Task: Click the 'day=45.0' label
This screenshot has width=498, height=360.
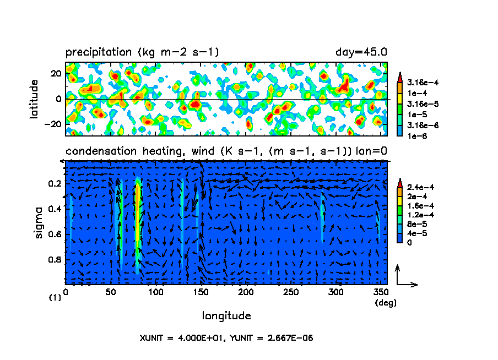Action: [361, 52]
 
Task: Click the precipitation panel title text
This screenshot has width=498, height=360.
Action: [143, 52]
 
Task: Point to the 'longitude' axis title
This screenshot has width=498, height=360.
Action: [226, 316]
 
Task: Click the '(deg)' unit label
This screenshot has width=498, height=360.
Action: [385, 302]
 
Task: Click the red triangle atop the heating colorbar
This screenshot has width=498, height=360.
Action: [400, 182]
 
